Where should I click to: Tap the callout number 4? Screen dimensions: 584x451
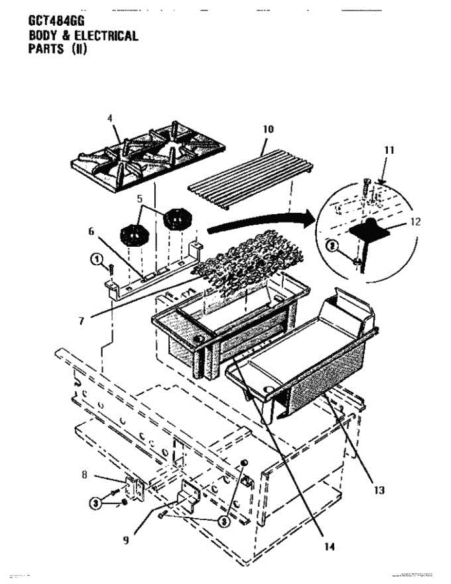[x=109, y=118]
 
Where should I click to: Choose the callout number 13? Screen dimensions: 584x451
[x=379, y=490]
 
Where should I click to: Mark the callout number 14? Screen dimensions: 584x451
[x=330, y=547]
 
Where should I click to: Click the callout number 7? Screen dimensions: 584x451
[x=81, y=321]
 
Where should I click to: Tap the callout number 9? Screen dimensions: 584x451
[x=126, y=539]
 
